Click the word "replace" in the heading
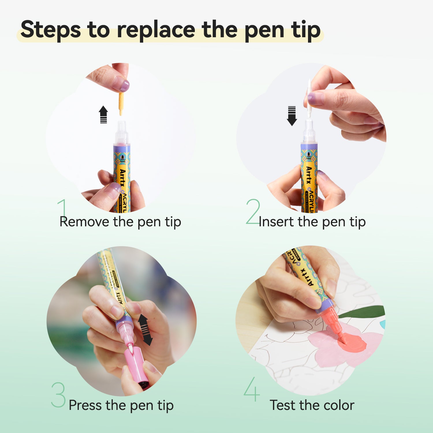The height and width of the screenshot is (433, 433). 156,30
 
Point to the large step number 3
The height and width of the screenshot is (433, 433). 58,395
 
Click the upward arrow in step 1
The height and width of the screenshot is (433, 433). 103,114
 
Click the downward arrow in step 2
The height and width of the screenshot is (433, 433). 292,116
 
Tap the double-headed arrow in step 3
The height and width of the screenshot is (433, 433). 145,330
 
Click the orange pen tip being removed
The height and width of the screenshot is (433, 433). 121,103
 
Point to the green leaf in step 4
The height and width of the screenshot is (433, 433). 364,312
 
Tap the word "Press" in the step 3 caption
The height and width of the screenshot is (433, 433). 85,405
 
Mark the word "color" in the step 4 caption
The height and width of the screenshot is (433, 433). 339,405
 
